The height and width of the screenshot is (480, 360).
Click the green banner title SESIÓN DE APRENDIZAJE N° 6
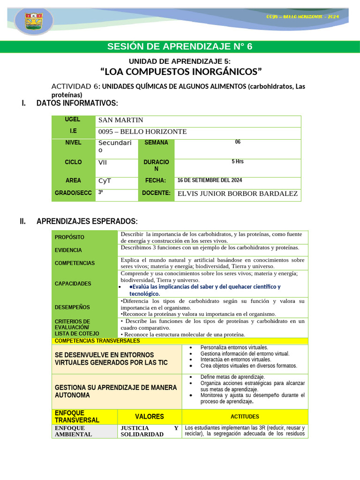pyautogui.click(x=180, y=46)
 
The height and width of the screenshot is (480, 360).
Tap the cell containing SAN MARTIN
pyautogui.click(x=120, y=120)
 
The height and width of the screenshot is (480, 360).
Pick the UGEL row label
pyautogui.click(x=73, y=120)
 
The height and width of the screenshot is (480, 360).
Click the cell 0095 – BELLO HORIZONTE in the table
pyautogui.click(x=142, y=132)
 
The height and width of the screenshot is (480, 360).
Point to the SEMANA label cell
pyautogui.click(x=156, y=142)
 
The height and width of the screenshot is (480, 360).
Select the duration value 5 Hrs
pyautogui.click(x=237, y=162)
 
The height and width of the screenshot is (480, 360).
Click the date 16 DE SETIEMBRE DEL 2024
pyautogui.click(x=210, y=180)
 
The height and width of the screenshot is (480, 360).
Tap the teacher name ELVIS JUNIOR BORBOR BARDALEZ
pyautogui.click(x=237, y=194)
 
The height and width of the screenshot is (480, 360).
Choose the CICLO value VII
pyautogui.click(x=103, y=162)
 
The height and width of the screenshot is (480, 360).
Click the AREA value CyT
pyautogui.click(x=105, y=181)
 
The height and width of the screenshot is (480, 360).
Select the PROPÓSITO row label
pyautogui.click(x=69, y=237)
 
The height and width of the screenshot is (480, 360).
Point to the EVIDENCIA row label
pyautogui.click(x=68, y=250)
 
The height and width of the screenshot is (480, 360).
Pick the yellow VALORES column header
pyautogui.click(x=149, y=417)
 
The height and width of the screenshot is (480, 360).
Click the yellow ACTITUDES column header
pyautogui.click(x=245, y=417)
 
